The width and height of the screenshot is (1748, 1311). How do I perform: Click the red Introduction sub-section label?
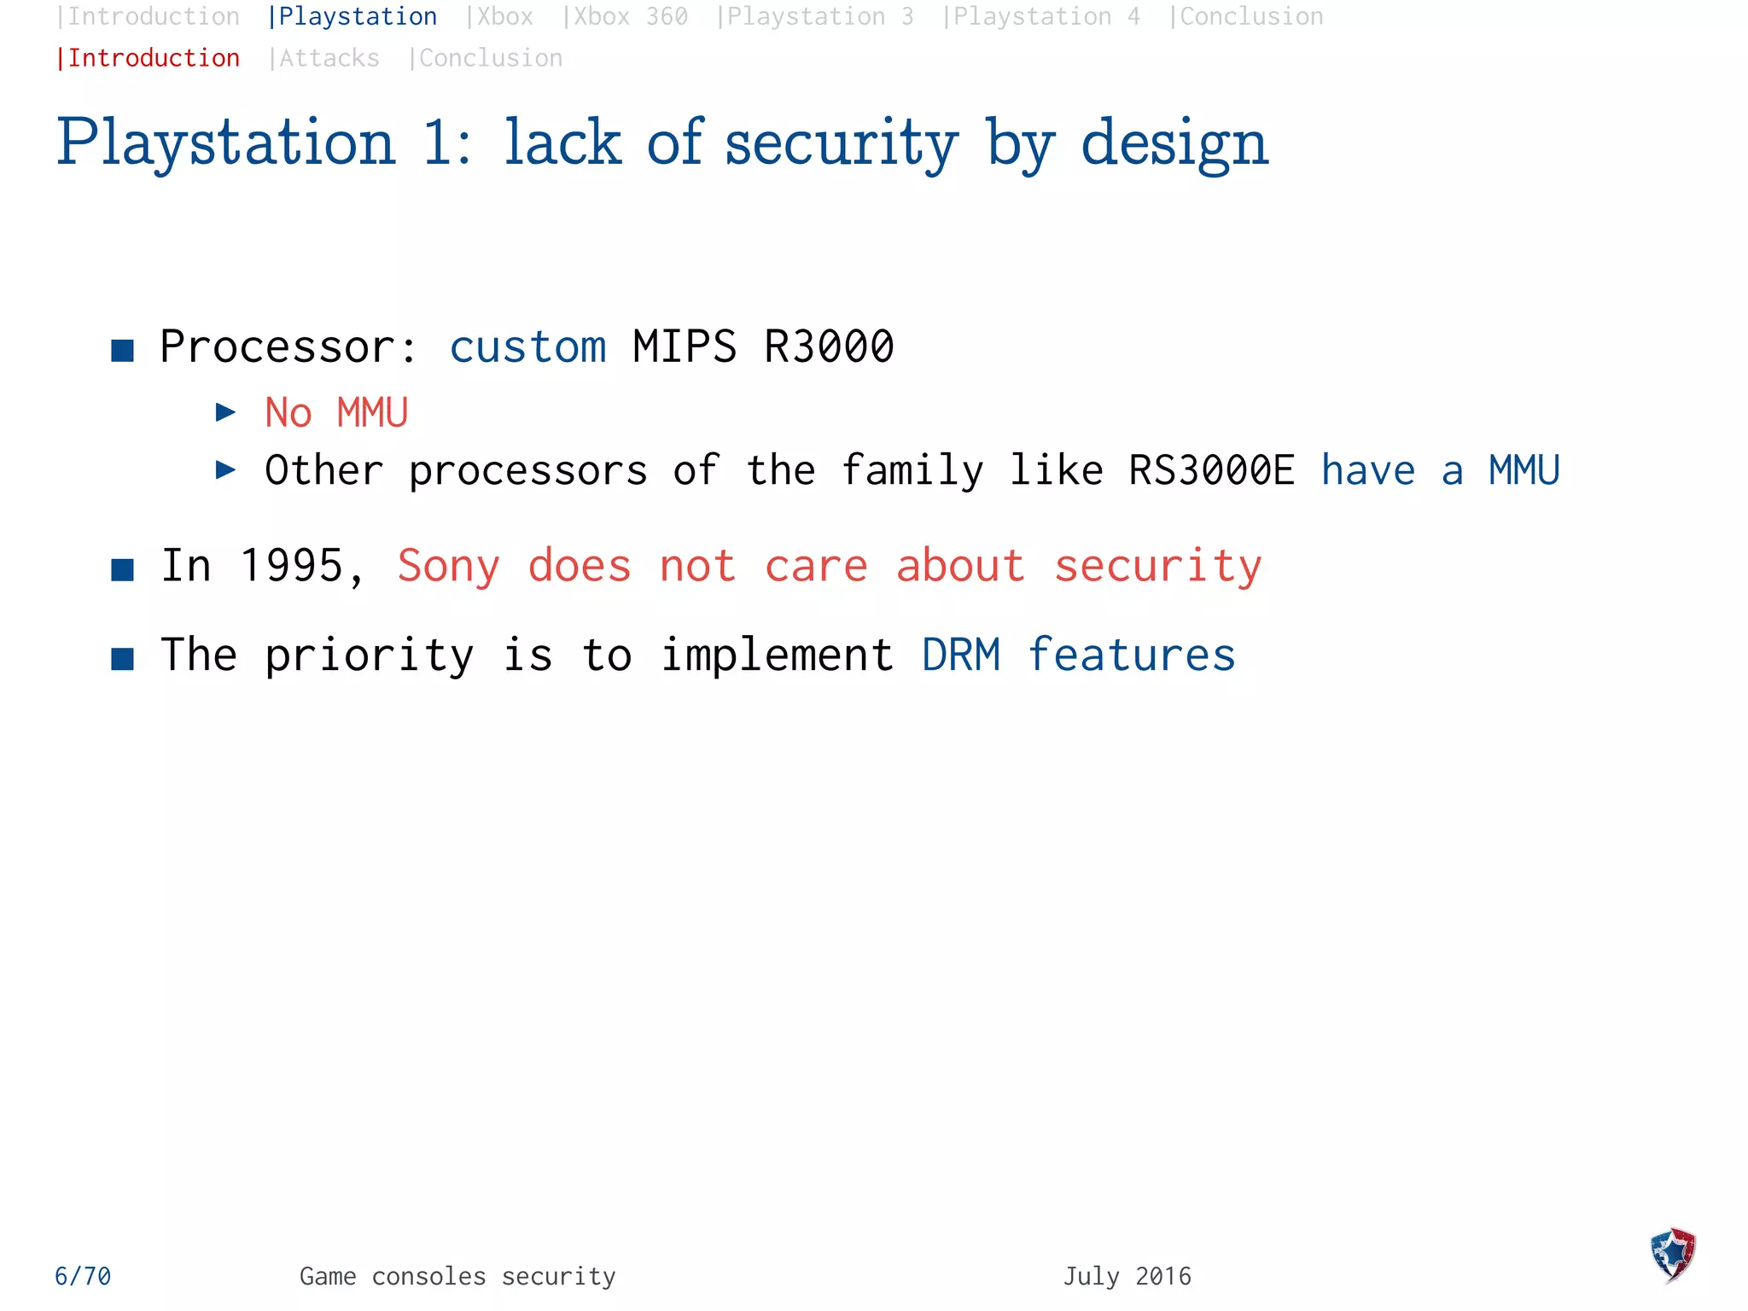pyautogui.click(x=153, y=58)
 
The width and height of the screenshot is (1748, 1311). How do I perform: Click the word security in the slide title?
pyautogui.click(x=841, y=143)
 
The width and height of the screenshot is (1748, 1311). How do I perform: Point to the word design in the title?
pyautogui.click(x=1174, y=143)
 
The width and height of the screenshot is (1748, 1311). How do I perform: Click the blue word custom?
pyautogui.click(x=527, y=347)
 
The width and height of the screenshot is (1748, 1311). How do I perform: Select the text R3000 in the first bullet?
pyautogui.click(x=828, y=347)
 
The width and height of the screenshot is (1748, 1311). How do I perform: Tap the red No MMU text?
pyautogui.click(x=336, y=413)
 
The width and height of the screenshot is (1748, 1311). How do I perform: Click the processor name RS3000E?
pyautogui.click(x=1210, y=470)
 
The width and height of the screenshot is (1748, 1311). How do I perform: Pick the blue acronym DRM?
pyautogui.click(x=961, y=655)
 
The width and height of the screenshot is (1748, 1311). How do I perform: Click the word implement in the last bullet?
pyautogui.click(x=777, y=655)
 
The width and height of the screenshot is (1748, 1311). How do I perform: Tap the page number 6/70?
pyautogui.click(x=83, y=1276)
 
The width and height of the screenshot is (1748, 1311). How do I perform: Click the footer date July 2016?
pyautogui.click(x=1127, y=1276)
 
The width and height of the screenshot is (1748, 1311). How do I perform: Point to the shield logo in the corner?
pyautogui.click(x=1673, y=1254)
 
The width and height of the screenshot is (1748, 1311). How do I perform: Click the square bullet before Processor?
pyautogui.click(x=123, y=350)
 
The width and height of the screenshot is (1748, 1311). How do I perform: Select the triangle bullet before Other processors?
pyautogui.click(x=225, y=469)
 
